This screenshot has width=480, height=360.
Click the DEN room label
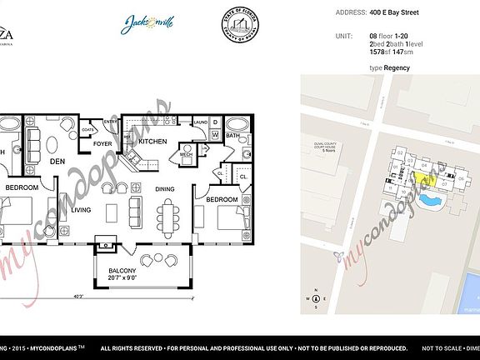(x=57, y=161)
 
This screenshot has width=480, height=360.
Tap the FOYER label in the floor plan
(x=102, y=143)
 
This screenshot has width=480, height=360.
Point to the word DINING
(x=165, y=188)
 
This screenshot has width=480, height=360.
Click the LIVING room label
(x=81, y=209)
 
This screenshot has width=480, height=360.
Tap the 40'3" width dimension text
(x=77, y=297)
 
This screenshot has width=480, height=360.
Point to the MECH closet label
(x=186, y=153)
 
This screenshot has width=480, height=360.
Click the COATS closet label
(x=87, y=130)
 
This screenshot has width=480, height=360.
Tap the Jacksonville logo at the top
(x=149, y=24)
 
